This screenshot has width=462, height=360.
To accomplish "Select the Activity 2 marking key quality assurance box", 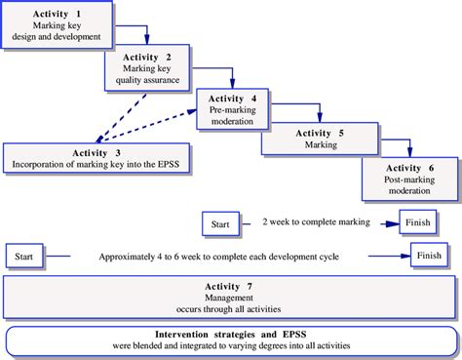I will pyautogui.click(x=148, y=67).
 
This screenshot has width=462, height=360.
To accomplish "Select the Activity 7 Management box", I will pyautogui.click(x=230, y=295).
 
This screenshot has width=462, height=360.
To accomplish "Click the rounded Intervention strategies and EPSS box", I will pyautogui.click(x=230, y=339).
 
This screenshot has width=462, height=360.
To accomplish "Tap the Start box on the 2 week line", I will pyautogui.click(x=220, y=223).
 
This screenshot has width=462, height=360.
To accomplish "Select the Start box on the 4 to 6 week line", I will pyautogui.click(x=26, y=257).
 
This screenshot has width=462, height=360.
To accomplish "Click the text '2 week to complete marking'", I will pyautogui.click(x=317, y=222).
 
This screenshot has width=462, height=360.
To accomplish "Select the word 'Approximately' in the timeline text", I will pyautogui.click(x=133, y=257).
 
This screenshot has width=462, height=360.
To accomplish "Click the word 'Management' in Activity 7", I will pyautogui.click(x=230, y=296).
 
